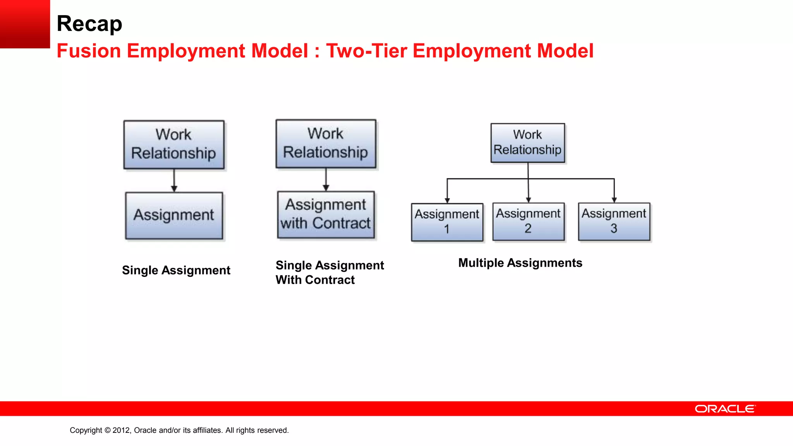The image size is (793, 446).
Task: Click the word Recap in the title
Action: click(89, 24)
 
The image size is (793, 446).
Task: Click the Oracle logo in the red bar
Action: click(725, 409)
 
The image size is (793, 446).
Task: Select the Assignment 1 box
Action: click(447, 222)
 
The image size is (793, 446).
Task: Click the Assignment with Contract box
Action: click(326, 215)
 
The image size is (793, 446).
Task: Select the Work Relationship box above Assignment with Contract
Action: click(326, 144)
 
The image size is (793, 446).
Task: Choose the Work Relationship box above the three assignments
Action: click(528, 143)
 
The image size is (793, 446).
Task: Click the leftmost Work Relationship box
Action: click(174, 145)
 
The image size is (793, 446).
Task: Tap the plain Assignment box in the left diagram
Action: click(174, 216)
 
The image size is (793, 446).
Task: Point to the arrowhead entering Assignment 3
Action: click(614, 200)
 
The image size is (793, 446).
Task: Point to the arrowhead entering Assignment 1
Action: click(447, 200)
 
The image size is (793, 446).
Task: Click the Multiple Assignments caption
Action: click(520, 263)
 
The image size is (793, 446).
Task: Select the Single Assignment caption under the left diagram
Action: click(176, 270)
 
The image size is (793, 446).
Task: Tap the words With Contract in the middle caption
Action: click(315, 280)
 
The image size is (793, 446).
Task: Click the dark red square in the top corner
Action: click(25, 24)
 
